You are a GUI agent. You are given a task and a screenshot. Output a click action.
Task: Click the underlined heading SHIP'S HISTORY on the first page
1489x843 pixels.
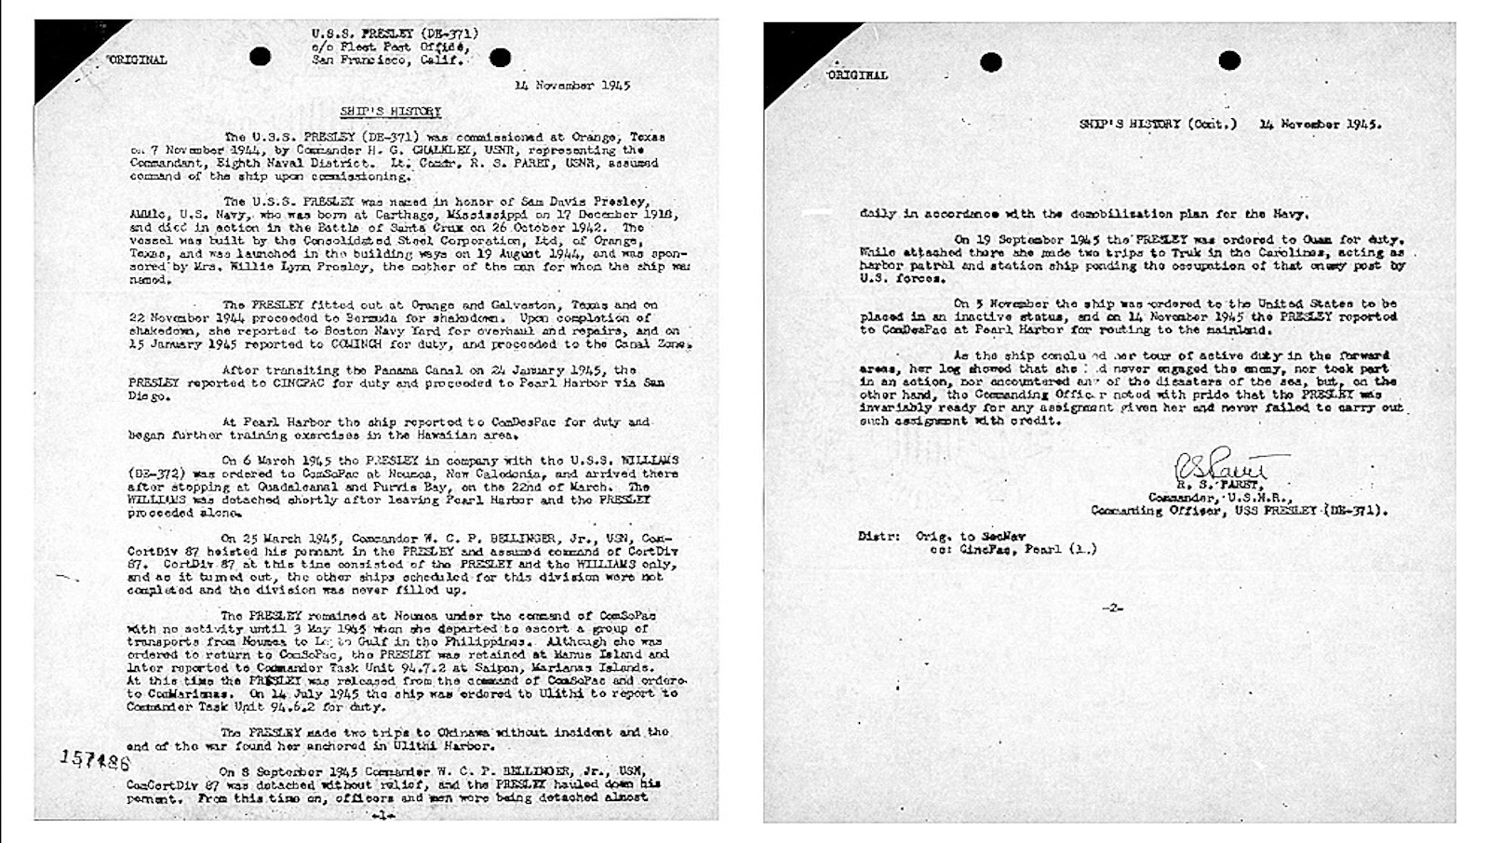click(390, 112)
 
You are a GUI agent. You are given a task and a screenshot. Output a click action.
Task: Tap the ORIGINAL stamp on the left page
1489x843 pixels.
click(138, 60)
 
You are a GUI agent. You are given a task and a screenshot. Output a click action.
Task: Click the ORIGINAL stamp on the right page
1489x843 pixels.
click(857, 74)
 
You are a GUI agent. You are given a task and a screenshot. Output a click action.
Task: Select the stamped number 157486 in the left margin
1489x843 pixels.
click(95, 760)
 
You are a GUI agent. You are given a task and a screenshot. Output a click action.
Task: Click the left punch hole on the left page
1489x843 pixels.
click(261, 57)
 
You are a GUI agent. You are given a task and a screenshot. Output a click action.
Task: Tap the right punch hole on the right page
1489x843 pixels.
click(1229, 61)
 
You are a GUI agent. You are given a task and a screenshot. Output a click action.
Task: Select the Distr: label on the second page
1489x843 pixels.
click(879, 536)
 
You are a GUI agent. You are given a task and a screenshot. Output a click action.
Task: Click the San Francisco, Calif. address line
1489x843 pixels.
click(388, 60)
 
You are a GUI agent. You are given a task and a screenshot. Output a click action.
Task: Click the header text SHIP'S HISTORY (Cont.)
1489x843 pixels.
click(1158, 124)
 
